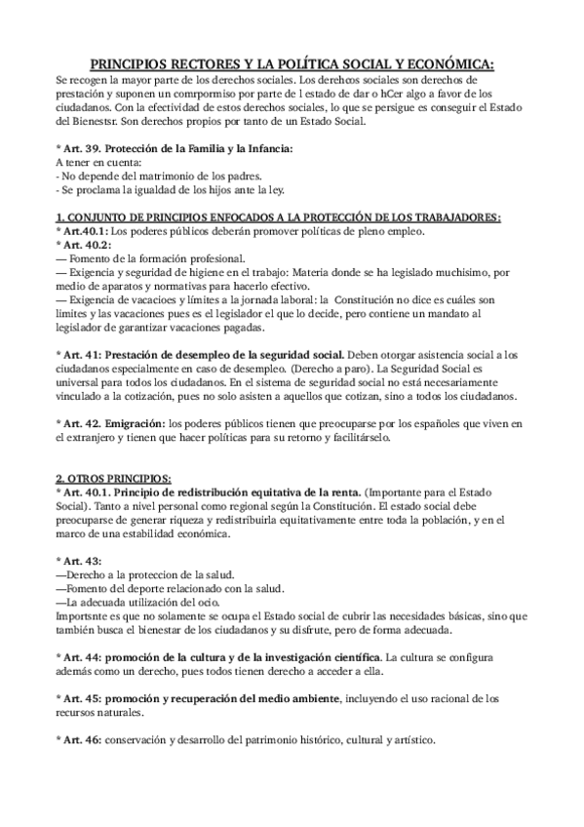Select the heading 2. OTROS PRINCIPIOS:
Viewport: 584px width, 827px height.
[113, 477]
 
